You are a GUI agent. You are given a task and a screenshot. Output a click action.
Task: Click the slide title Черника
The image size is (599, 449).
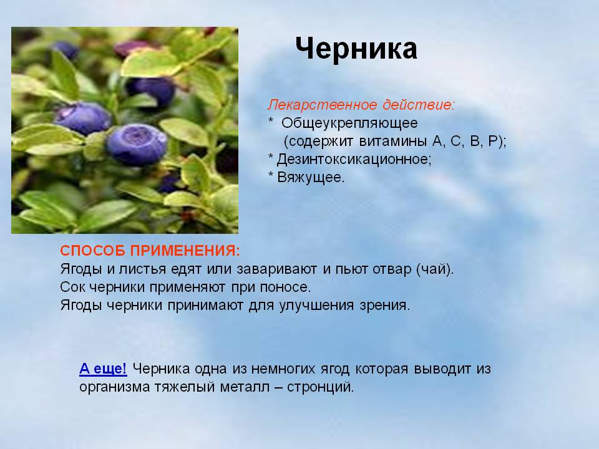click(356, 49)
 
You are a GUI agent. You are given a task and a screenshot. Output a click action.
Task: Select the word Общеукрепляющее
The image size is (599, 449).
click(349, 123)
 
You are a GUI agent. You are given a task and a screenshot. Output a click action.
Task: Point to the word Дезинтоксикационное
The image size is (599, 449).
click(354, 159)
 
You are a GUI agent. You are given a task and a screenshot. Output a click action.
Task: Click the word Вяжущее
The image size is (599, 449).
click(311, 177)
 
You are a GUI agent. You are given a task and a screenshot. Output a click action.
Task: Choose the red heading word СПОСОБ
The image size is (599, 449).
click(92, 251)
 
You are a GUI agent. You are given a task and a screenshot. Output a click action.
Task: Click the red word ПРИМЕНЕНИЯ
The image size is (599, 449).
click(185, 251)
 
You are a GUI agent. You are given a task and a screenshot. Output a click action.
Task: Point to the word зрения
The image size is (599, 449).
click(384, 306)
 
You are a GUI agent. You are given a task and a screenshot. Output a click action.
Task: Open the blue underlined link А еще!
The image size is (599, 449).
click(103, 369)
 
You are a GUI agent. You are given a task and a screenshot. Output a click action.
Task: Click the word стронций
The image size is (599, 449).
click(320, 387)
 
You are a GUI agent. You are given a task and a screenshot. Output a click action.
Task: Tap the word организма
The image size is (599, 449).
click(114, 387)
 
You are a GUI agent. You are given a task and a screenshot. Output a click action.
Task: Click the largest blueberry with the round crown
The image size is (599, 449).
click(137, 144)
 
